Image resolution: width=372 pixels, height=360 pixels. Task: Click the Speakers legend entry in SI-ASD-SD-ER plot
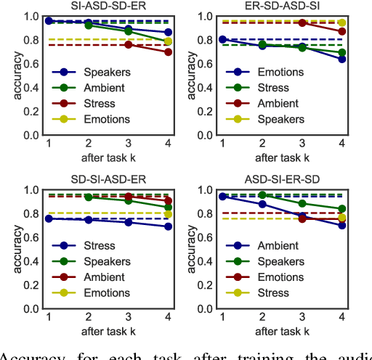point(107,72)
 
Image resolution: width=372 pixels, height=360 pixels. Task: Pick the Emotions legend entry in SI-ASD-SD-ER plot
point(107,119)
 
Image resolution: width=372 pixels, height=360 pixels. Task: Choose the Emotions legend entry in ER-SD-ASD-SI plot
point(280,72)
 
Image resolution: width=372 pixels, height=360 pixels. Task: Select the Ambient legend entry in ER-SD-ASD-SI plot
point(279,103)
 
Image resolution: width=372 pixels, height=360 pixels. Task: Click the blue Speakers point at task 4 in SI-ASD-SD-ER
point(169,32)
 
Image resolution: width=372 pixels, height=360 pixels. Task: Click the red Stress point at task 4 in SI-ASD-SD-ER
point(169,52)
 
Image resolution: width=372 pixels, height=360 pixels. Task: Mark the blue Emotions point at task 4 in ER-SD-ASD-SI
point(342,59)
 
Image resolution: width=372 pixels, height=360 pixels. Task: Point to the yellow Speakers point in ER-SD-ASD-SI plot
point(342,22)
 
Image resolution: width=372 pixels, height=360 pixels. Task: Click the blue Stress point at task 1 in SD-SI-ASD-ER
point(49,218)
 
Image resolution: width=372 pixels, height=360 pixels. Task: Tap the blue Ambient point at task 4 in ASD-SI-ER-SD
point(342,225)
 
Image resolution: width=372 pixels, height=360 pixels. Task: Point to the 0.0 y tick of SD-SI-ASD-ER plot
point(32,308)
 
